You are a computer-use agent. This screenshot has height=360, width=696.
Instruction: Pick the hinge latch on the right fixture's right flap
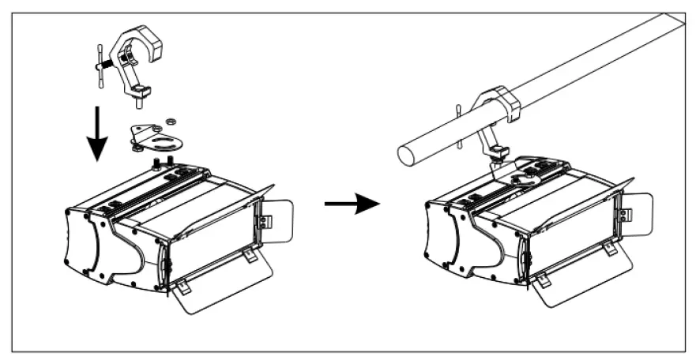(x=624, y=214)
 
